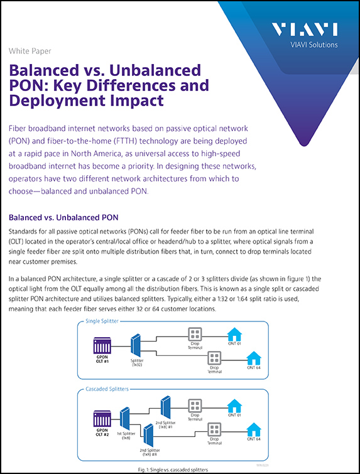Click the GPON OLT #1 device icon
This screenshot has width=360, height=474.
pos(102,345)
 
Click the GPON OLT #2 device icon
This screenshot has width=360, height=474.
pos(102,417)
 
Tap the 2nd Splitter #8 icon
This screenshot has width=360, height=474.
pos(148,434)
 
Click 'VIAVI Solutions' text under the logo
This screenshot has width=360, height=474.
pos(311,45)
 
